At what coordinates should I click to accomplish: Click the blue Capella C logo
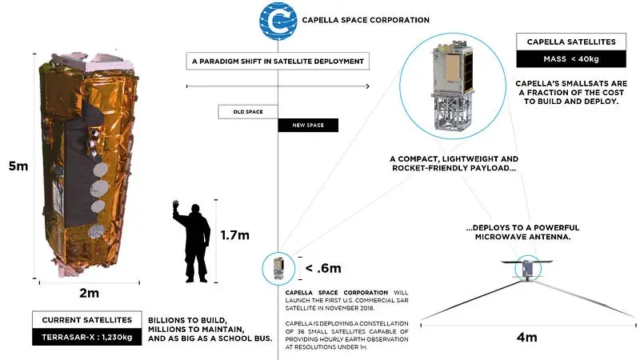pos(276,20)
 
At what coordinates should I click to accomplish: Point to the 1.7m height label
pos(235,235)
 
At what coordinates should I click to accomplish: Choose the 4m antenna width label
pos(526,337)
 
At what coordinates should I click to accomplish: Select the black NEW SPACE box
pos(307,126)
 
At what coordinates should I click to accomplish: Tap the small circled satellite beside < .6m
pos(278,267)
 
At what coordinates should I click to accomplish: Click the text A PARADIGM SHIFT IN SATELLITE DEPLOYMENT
pos(278,61)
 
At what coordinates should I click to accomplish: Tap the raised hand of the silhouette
pos(176,206)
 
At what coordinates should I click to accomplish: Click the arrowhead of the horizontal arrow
pos(367,86)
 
